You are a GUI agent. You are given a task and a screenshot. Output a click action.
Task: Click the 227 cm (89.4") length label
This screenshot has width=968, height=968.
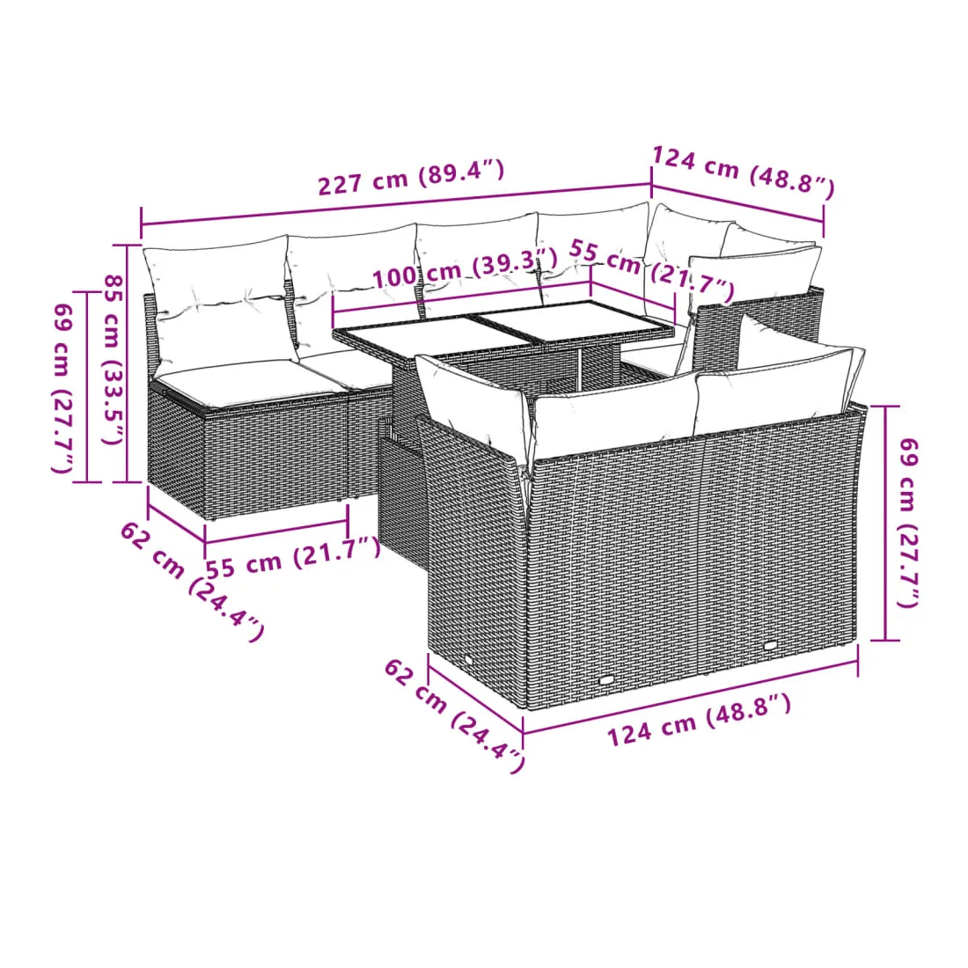point(411,177)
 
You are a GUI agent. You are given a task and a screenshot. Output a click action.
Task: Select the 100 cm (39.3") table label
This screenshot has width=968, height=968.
point(465,268)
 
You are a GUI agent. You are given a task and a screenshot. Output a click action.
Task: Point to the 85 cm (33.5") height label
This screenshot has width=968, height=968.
point(113,359)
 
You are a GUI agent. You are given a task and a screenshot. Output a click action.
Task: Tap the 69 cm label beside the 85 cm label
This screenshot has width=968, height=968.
point(64,389)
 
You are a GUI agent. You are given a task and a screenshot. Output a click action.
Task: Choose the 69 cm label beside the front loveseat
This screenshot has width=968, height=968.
point(907,522)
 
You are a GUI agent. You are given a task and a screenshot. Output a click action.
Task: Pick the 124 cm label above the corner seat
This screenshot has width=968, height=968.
point(744,172)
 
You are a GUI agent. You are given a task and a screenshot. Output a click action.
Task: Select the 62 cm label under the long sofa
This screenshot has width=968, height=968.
point(191,581)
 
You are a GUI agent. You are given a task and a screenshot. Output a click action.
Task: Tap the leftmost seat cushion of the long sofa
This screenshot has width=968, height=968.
point(246,383)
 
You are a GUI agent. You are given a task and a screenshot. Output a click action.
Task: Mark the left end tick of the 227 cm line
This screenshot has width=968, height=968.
point(142,223)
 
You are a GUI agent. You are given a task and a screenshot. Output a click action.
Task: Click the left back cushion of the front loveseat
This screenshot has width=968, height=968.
point(615,414)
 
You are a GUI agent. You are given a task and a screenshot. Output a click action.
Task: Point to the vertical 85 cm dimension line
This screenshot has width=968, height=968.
point(128,363)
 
